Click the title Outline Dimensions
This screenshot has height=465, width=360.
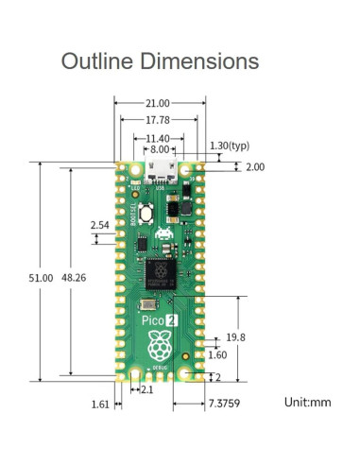[x=160, y=61]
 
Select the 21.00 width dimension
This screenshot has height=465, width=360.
[x=158, y=103]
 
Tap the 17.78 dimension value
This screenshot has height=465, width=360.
[x=158, y=120]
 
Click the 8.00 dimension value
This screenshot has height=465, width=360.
[x=159, y=149]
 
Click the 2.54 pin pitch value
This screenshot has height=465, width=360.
[x=99, y=225]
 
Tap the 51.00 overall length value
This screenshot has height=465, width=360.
[x=40, y=278]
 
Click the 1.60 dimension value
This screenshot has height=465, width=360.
[x=216, y=355]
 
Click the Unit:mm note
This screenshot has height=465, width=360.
[x=308, y=402]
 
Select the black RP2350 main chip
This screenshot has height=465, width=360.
[x=159, y=273]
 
